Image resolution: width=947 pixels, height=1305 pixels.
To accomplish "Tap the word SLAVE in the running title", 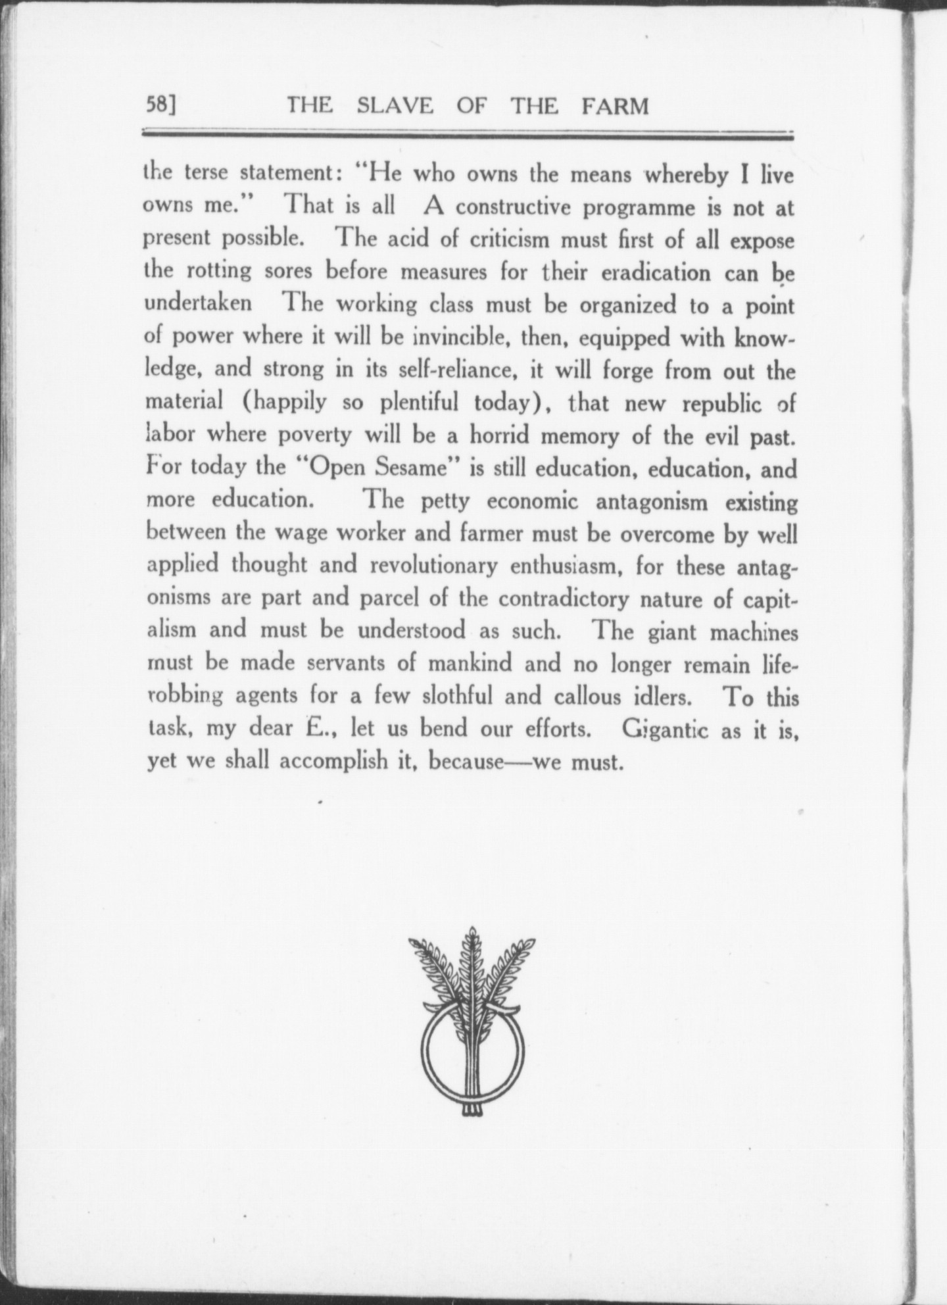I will pos(395,106).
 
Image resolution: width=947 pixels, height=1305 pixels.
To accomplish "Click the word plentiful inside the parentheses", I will pos(418,403).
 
